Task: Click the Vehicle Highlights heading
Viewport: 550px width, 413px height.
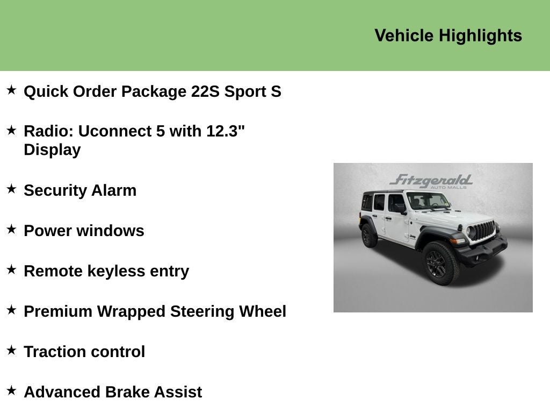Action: pos(448,35)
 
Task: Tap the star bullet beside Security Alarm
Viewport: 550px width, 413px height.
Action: pos(11,189)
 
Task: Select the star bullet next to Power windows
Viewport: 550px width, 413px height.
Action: pos(11,229)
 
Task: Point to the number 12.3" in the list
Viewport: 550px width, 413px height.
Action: pos(226,131)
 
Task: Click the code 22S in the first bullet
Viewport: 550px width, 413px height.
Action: pos(205,91)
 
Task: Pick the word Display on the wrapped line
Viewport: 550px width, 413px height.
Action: pos(52,150)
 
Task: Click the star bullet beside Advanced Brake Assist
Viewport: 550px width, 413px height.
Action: pos(11,390)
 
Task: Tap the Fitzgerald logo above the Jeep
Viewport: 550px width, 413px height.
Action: pos(431,181)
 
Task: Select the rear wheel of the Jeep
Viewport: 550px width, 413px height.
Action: pos(368,236)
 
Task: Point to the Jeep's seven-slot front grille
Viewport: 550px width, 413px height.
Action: pos(482,231)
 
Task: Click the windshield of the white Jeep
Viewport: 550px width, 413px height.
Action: pos(428,201)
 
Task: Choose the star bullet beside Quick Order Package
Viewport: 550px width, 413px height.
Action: pos(11,90)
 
